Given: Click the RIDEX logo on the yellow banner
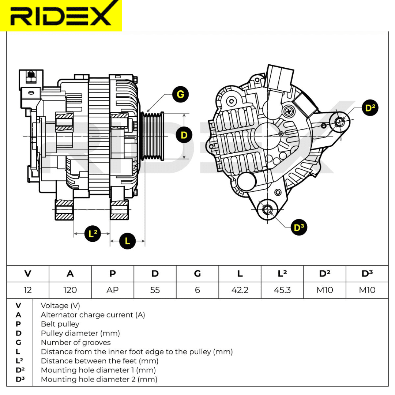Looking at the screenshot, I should coord(61,15).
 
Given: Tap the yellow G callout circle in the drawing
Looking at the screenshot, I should coord(180,95).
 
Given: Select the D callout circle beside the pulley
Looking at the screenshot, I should coord(184,135).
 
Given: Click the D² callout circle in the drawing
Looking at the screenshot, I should coord(370,108).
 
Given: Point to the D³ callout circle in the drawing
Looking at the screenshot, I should coord(299,227).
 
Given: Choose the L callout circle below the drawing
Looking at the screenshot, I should coord(127,241).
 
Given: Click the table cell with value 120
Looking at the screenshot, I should coord(70,290).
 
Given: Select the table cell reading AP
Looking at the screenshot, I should coord(112,290).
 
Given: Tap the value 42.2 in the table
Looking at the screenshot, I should coord(240,290).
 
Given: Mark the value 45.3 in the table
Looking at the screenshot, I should coord(282,290).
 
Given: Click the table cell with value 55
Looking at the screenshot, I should coord(155,290).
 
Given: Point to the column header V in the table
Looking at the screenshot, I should coord(28,274).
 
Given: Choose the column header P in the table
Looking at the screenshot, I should coord(112,274).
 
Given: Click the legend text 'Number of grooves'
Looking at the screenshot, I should coord(76,342).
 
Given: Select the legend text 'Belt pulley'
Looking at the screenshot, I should coord(60,324).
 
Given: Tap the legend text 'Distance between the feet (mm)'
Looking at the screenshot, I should coord(99,361).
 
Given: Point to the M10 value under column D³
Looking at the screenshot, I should coord(367,290).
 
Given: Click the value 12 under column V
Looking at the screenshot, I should coord(28,290).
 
